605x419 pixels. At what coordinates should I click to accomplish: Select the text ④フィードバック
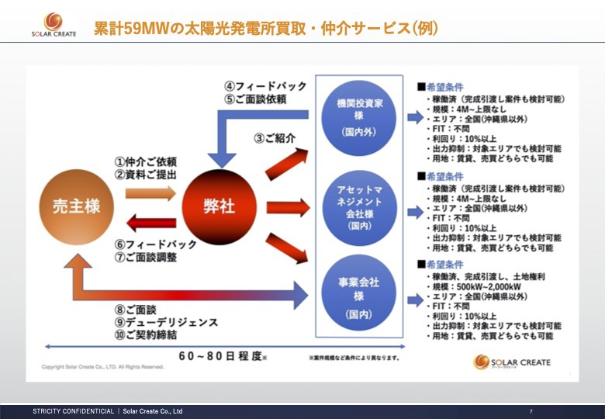pyautogui.click(x=265, y=86)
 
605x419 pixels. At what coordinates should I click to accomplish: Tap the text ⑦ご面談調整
pyautogui.click(x=150, y=257)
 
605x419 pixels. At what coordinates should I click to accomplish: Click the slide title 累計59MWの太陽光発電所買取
pyautogui.click(x=265, y=29)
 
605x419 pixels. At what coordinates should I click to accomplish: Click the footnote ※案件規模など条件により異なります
pyautogui.click(x=354, y=358)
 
